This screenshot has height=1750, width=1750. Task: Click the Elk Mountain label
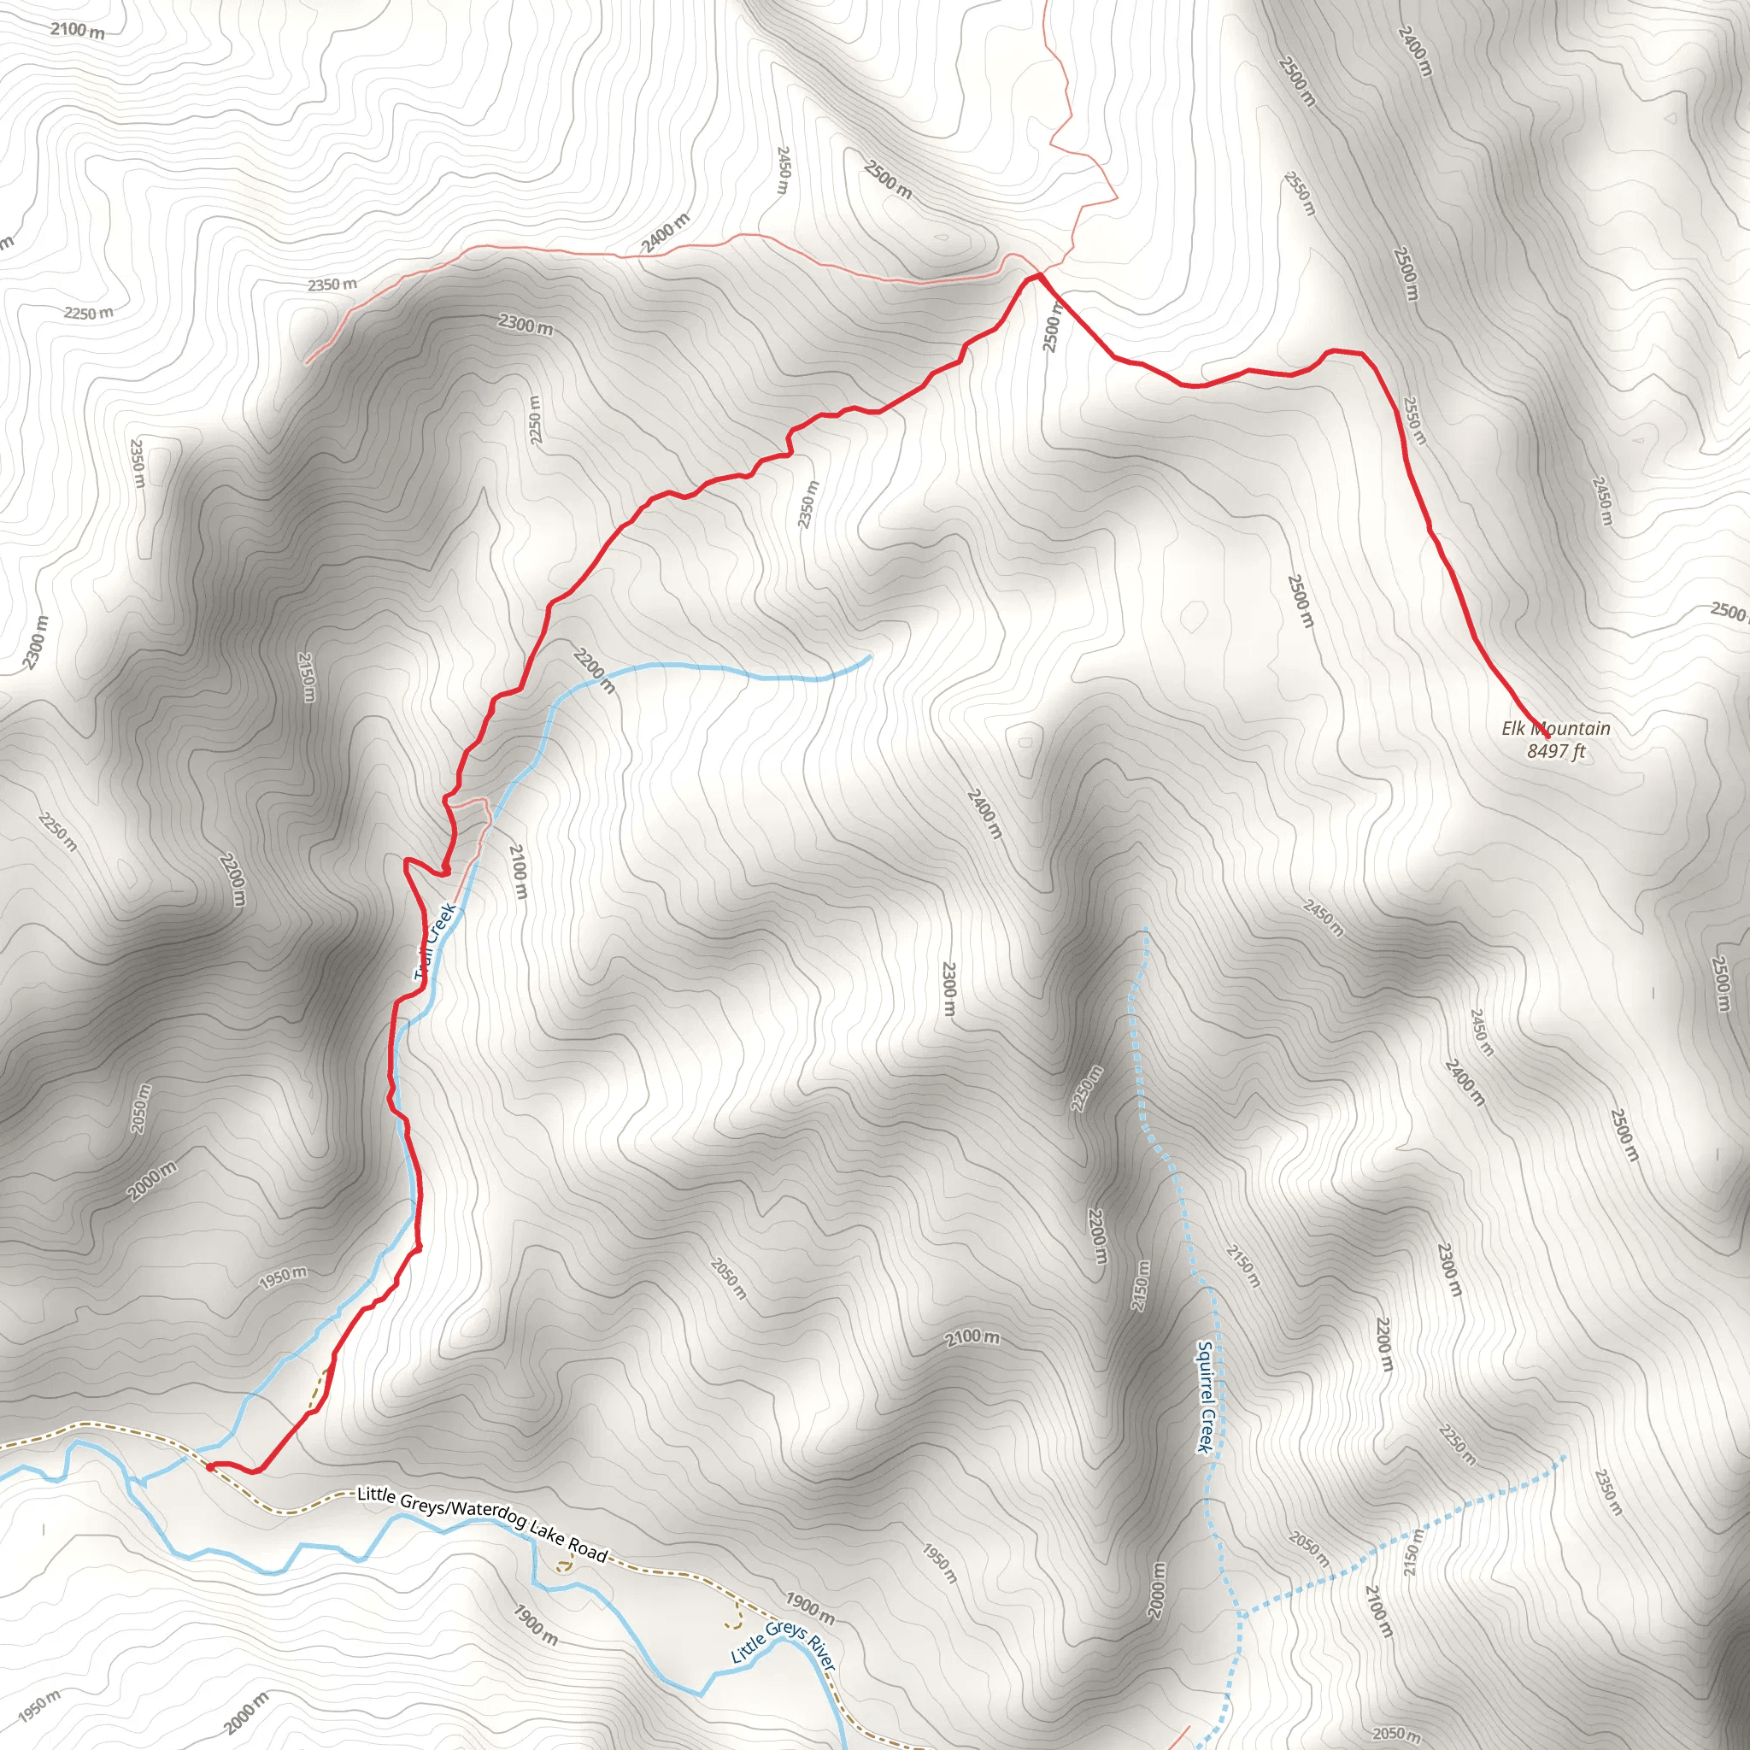pyautogui.click(x=1555, y=728)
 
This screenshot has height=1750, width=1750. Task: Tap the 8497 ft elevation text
pyautogui.click(x=1555, y=751)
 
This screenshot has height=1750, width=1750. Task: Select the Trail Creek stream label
pyautogui.click(x=435, y=942)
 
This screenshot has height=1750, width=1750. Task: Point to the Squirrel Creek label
pyautogui.click(x=1205, y=1398)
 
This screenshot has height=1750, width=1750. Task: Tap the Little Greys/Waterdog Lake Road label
pyautogui.click(x=482, y=1524)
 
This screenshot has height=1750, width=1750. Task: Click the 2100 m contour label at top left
pyautogui.click(x=77, y=30)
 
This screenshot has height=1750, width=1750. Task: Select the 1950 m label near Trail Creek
pyautogui.click(x=283, y=1278)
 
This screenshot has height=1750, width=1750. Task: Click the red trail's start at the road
pyautogui.click(x=209, y=1468)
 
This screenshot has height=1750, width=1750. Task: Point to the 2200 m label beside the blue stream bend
pyautogui.click(x=594, y=670)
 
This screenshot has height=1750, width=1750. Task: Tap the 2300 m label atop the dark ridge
pyautogui.click(x=526, y=323)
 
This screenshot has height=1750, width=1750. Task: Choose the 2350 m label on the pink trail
pyautogui.click(x=332, y=285)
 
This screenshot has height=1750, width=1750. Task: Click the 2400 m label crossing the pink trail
pyautogui.click(x=666, y=233)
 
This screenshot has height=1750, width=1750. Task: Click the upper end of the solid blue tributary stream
pyautogui.click(x=870, y=655)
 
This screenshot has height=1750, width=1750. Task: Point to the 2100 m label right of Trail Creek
pyautogui.click(x=518, y=872)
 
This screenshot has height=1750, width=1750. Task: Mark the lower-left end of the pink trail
pyautogui.click(x=307, y=363)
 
